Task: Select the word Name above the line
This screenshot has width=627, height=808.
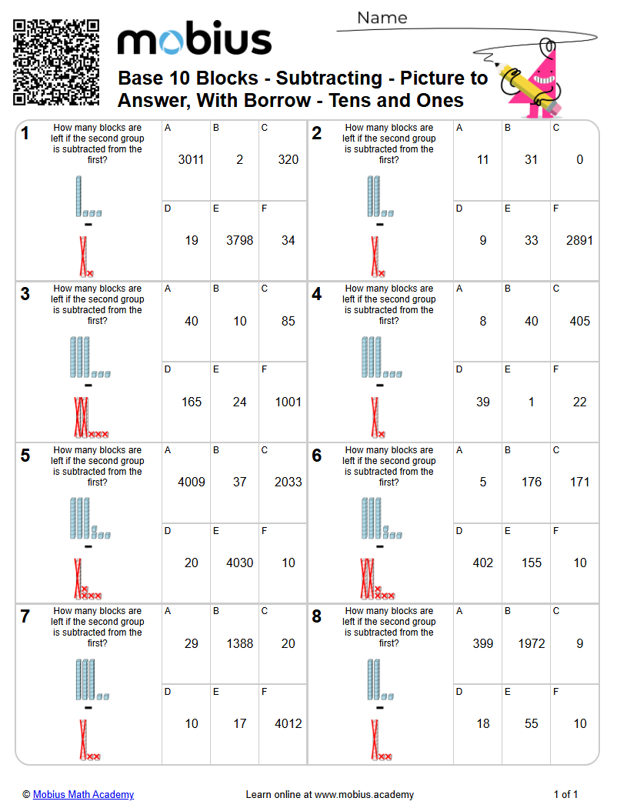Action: (x=382, y=18)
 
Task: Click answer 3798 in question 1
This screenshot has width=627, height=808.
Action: (x=239, y=241)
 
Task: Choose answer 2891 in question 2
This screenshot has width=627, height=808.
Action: (x=579, y=241)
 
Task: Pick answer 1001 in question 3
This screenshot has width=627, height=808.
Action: (x=288, y=402)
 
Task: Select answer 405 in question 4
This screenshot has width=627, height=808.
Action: (x=579, y=321)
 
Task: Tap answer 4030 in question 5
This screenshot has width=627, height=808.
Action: (x=239, y=563)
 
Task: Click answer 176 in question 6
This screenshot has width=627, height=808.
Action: (x=531, y=482)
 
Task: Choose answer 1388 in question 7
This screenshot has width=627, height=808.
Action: (x=239, y=643)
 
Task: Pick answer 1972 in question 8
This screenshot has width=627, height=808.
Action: (x=531, y=643)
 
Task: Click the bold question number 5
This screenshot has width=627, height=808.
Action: (x=25, y=456)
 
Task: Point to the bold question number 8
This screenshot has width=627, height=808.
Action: (x=317, y=616)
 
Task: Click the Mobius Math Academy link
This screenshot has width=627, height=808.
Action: (x=83, y=795)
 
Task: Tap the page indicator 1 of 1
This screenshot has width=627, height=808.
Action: (x=565, y=795)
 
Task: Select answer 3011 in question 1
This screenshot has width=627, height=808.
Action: (x=191, y=160)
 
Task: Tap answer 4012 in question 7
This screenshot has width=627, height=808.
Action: (x=288, y=723)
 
